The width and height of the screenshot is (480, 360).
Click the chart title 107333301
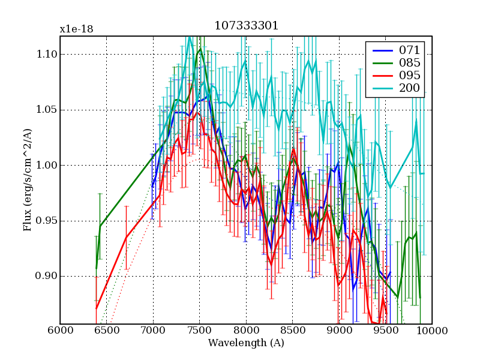(x=246, y=27)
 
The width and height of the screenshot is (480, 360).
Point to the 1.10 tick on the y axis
(x=44, y=55)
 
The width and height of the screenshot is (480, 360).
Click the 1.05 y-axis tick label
(x=44, y=110)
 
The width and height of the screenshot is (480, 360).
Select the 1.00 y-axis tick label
(x=44, y=166)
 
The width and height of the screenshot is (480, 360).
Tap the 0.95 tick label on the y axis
(x=44, y=221)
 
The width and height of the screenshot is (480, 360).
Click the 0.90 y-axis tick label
(x=44, y=277)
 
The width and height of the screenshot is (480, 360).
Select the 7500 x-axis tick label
(x=199, y=331)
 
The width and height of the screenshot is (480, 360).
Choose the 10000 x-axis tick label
(x=431, y=331)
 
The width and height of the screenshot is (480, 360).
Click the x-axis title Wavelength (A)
(x=246, y=343)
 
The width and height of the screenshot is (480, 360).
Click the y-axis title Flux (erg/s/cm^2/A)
(x=27, y=180)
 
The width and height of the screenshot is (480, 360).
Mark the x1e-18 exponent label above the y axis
(x=76, y=29)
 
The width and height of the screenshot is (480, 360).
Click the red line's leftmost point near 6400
(x=96, y=308)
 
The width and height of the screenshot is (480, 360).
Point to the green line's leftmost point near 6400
(x=96, y=268)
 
